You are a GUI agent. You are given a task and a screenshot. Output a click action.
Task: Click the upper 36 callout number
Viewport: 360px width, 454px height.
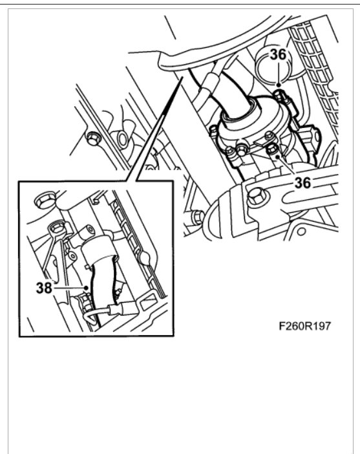point(279,56)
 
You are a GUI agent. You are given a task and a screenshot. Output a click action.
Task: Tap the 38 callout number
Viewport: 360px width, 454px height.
point(44,288)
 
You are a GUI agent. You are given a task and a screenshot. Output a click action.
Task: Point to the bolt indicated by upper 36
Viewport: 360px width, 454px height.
point(279,98)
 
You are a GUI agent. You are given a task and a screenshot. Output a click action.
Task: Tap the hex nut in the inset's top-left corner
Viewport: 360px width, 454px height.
point(45,200)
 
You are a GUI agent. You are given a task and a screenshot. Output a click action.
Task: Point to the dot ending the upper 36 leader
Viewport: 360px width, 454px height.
point(278,84)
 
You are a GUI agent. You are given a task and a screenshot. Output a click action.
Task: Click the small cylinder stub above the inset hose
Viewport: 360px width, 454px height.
point(87,233)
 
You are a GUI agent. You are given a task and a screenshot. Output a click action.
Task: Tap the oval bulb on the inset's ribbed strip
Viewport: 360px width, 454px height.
point(148,257)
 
